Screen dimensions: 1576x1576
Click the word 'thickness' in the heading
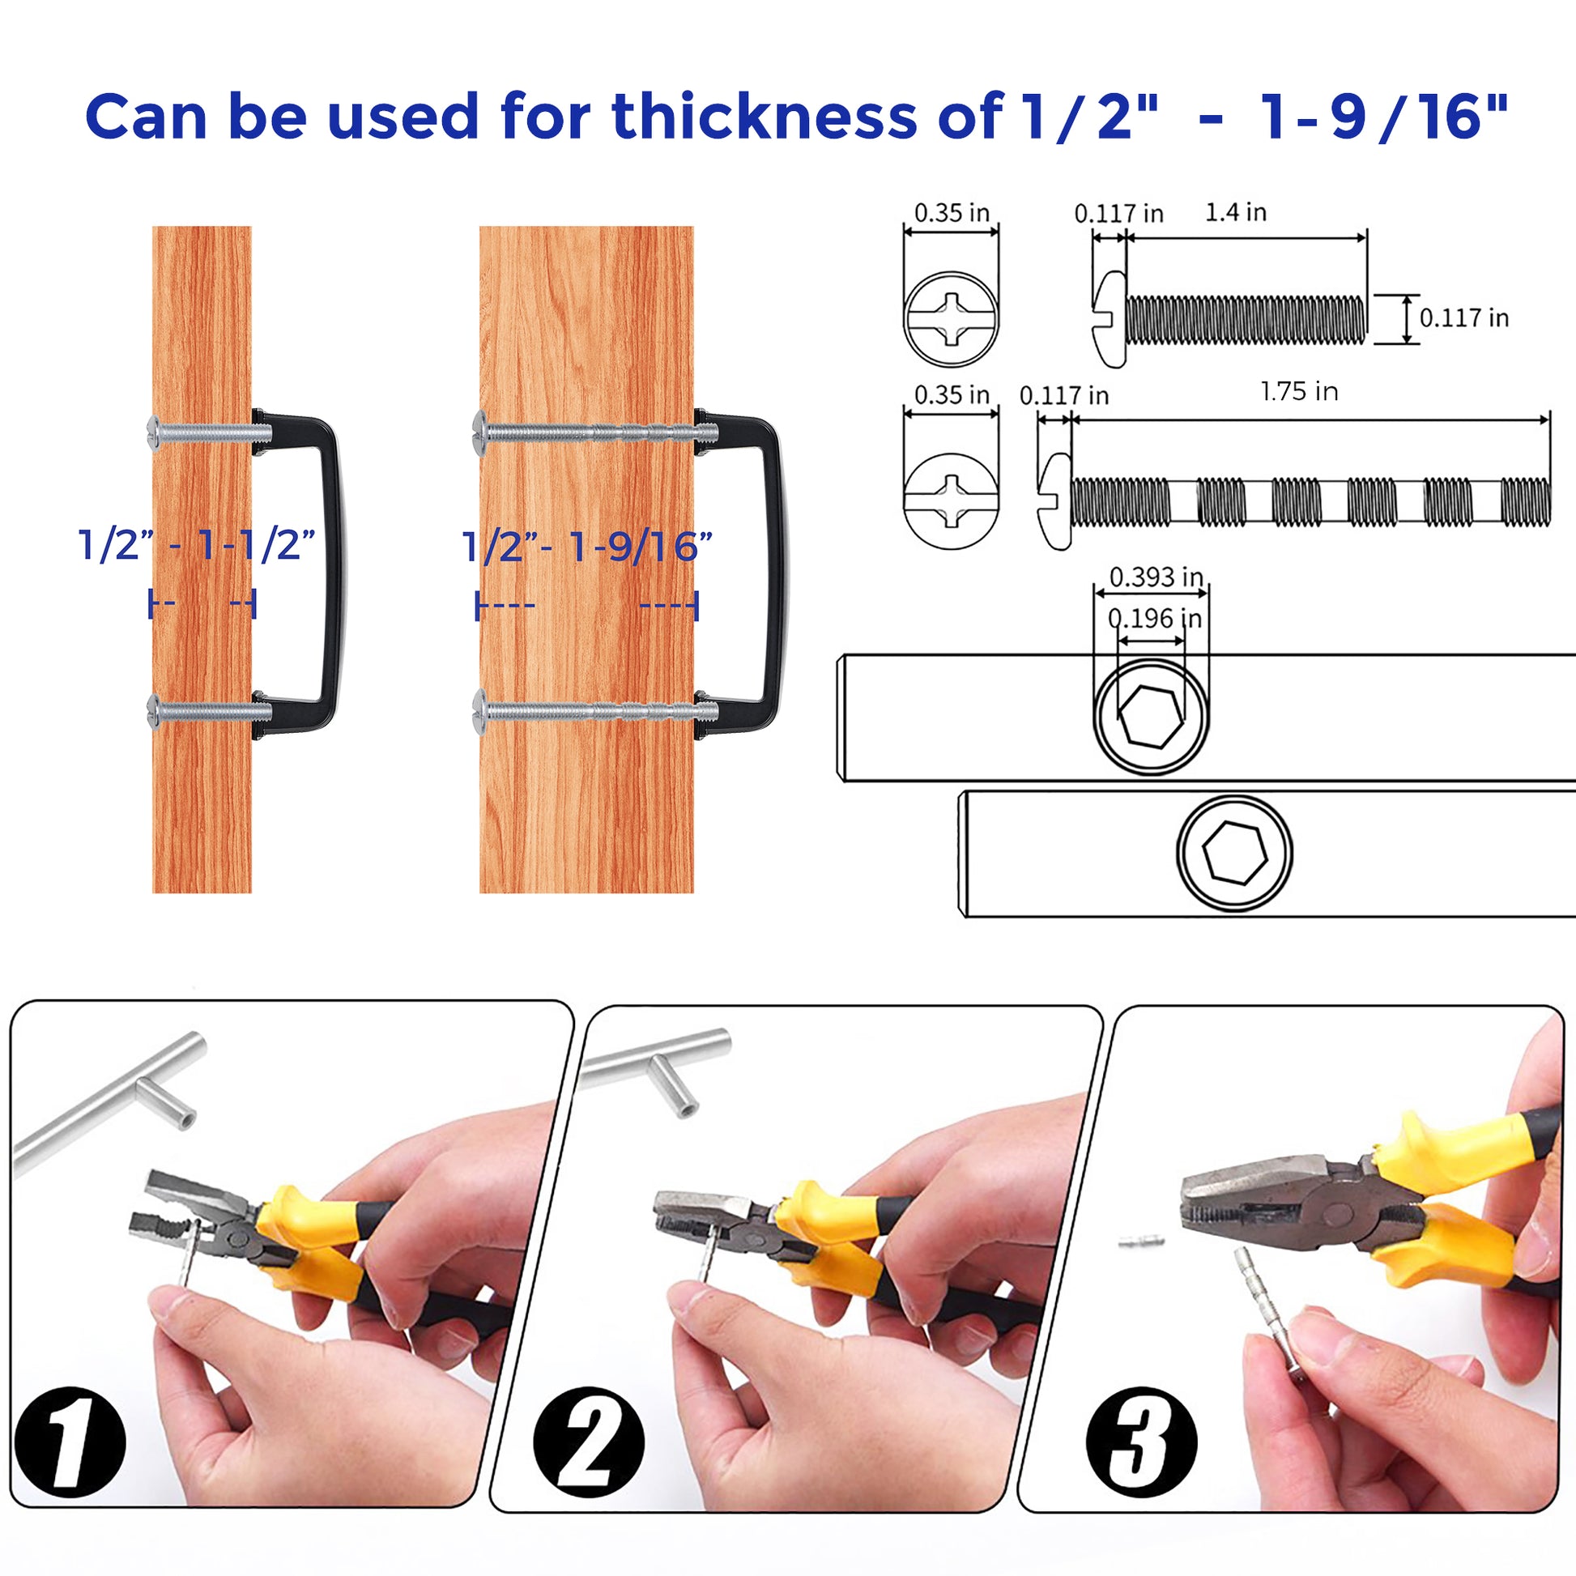tap(765, 116)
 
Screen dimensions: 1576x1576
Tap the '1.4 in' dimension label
tap(1236, 212)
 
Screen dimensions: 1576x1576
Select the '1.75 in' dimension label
tap(1300, 391)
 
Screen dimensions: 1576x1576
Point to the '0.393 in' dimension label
tap(1156, 577)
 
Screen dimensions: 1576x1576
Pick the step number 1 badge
tap(70, 1453)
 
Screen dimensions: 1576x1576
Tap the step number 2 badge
tap(588, 1453)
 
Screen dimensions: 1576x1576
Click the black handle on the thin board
tap(330, 571)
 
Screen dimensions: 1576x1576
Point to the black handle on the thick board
tap(775, 571)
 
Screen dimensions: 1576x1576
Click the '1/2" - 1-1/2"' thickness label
tap(196, 545)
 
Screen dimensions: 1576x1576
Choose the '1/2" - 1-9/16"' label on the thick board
tap(587, 546)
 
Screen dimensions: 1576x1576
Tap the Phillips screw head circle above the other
tap(951, 319)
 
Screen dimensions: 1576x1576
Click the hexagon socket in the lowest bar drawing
tap(1236, 854)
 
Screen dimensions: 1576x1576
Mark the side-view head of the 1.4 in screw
tap(1110, 319)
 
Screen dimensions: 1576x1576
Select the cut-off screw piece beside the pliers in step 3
tap(1140, 1243)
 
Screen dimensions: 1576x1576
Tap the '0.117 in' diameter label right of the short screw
tap(1464, 317)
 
